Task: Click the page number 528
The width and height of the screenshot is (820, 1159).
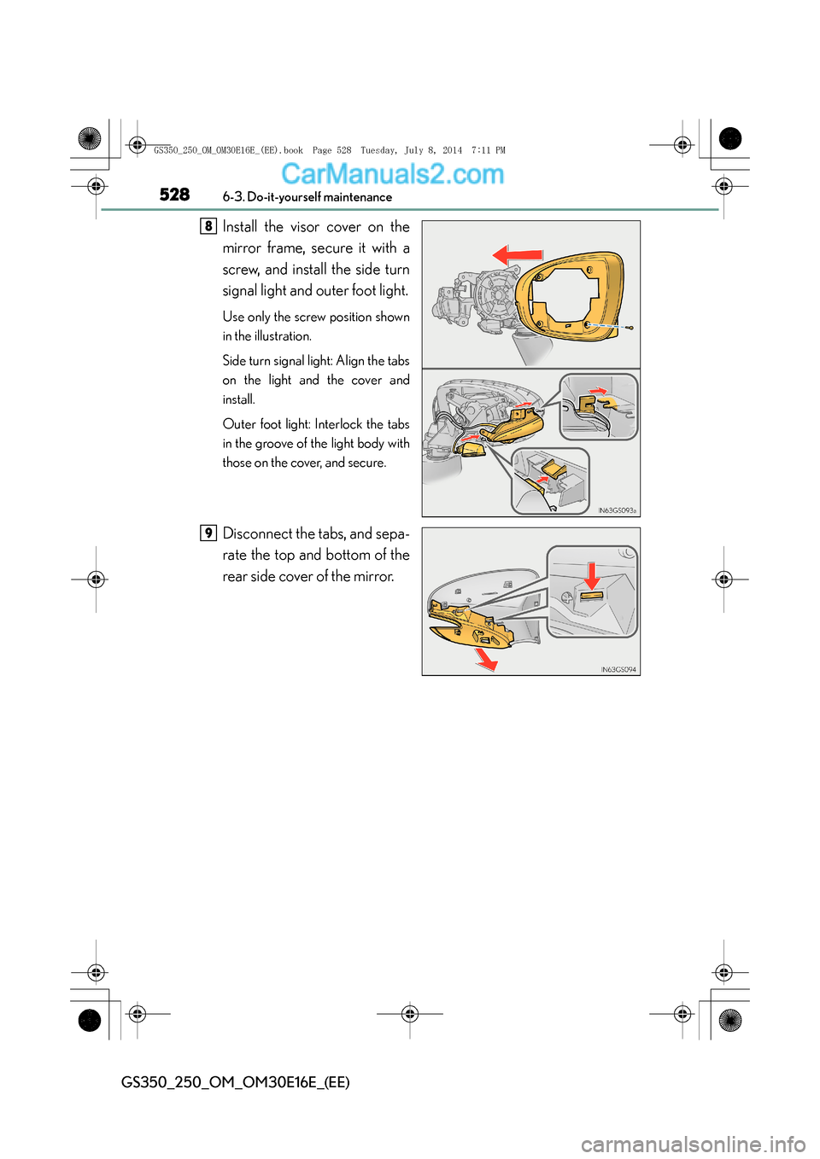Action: (x=174, y=195)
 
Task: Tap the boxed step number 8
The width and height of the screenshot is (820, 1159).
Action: (x=208, y=226)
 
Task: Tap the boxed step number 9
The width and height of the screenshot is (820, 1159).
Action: (x=208, y=533)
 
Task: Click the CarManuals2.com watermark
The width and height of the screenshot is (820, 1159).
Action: (x=392, y=174)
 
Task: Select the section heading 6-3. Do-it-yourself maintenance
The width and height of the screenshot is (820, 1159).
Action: (x=307, y=197)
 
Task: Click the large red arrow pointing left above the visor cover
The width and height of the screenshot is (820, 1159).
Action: (x=518, y=254)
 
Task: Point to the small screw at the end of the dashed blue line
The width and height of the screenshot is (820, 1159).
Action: (x=630, y=328)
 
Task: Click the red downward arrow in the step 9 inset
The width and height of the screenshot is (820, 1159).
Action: (x=591, y=574)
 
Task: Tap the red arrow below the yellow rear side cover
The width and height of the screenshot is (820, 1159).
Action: (x=486, y=659)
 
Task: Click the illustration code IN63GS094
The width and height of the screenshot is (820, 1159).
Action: (x=618, y=670)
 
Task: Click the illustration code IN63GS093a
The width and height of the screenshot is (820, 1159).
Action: (x=617, y=510)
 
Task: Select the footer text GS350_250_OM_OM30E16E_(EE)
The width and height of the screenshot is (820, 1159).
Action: (x=235, y=1082)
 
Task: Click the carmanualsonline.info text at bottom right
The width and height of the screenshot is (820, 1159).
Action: (x=693, y=1144)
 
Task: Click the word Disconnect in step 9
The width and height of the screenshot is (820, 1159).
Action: (x=257, y=533)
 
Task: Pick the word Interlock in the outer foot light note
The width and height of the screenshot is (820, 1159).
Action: (x=338, y=424)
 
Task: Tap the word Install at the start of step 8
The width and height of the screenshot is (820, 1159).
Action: (x=240, y=227)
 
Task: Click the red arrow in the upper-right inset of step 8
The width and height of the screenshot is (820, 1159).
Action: (x=600, y=392)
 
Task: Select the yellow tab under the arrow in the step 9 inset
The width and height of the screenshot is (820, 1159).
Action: (x=591, y=595)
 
